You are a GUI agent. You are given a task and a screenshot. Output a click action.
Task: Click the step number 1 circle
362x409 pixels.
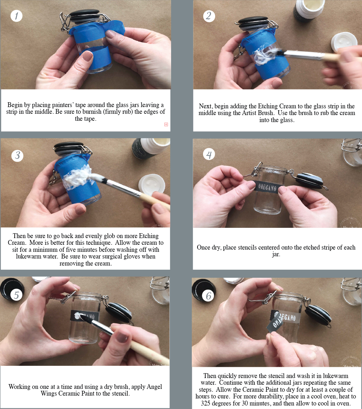(x=16, y=16)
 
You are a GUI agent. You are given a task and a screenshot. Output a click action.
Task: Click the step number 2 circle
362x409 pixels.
(x=209, y=16)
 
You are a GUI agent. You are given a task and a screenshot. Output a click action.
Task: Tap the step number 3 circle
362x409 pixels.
(x=17, y=155)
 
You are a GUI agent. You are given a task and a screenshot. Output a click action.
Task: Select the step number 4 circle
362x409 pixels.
(x=209, y=154)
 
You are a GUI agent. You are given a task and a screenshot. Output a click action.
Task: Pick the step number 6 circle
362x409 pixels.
(x=208, y=296)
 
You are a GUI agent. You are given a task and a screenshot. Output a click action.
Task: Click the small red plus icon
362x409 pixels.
(x=166, y=124)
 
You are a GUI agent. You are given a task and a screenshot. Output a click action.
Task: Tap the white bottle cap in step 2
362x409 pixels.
(x=344, y=42)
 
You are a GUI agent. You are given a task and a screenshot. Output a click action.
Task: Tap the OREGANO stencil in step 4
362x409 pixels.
(x=267, y=187)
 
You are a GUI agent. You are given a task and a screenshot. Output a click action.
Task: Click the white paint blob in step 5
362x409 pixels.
(x=78, y=316)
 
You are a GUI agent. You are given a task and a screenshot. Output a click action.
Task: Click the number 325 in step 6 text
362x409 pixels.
(x=206, y=403)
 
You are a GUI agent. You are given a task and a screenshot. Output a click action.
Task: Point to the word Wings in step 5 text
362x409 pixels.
(x=49, y=393)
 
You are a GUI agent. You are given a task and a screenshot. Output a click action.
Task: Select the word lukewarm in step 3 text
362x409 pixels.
(x=26, y=256)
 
